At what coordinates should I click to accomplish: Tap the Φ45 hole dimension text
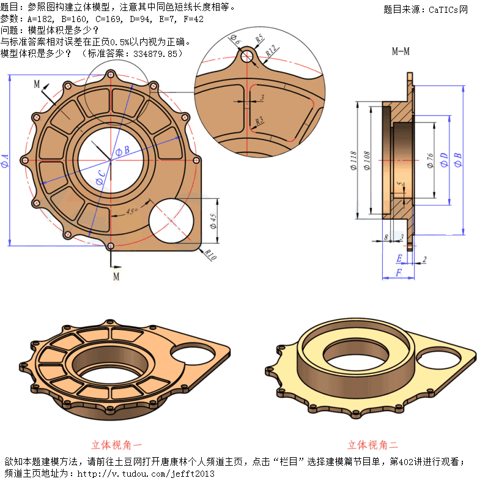click(213, 222)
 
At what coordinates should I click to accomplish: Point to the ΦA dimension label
click(5, 161)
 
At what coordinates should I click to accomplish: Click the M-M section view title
click(401, 52)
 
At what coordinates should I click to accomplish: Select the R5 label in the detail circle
click(260, 38)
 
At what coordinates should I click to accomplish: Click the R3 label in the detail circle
click(260, 121)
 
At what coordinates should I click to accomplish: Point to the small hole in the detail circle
click(247, 56)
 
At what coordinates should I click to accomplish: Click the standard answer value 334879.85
click(158, 54)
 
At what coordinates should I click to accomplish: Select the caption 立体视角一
click(117, 445)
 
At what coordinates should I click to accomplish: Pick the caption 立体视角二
click(372, 445)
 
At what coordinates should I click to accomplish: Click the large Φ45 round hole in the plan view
click(173, 222)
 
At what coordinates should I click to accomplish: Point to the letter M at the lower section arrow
click(116, 276)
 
